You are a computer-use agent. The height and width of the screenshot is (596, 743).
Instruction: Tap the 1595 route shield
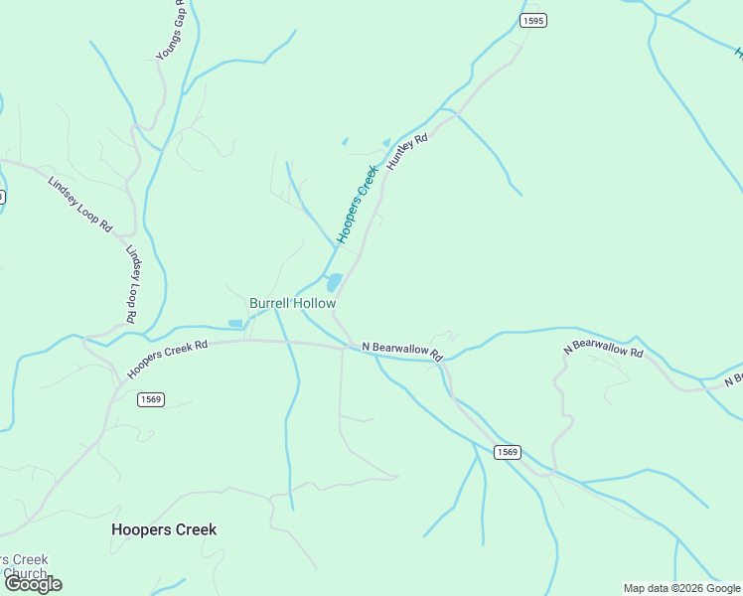[533, 20]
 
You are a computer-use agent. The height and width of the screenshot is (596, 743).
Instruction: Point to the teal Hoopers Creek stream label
[359, 204]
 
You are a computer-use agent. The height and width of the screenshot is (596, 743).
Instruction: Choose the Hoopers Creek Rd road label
[167, 360]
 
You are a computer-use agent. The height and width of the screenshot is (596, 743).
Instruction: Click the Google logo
[33, 584]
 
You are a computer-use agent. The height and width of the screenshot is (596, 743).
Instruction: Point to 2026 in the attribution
[694, 588]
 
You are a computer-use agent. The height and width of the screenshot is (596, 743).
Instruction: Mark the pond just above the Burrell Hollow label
[335, 282]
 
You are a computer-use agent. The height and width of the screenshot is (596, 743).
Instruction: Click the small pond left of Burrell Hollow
[235, 323]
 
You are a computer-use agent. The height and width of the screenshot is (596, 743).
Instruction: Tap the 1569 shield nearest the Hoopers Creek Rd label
[151, 399]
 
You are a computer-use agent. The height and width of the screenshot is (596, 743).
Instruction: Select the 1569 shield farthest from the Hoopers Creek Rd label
[507, 452]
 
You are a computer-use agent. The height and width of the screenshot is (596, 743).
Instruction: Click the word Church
[24, 573]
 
